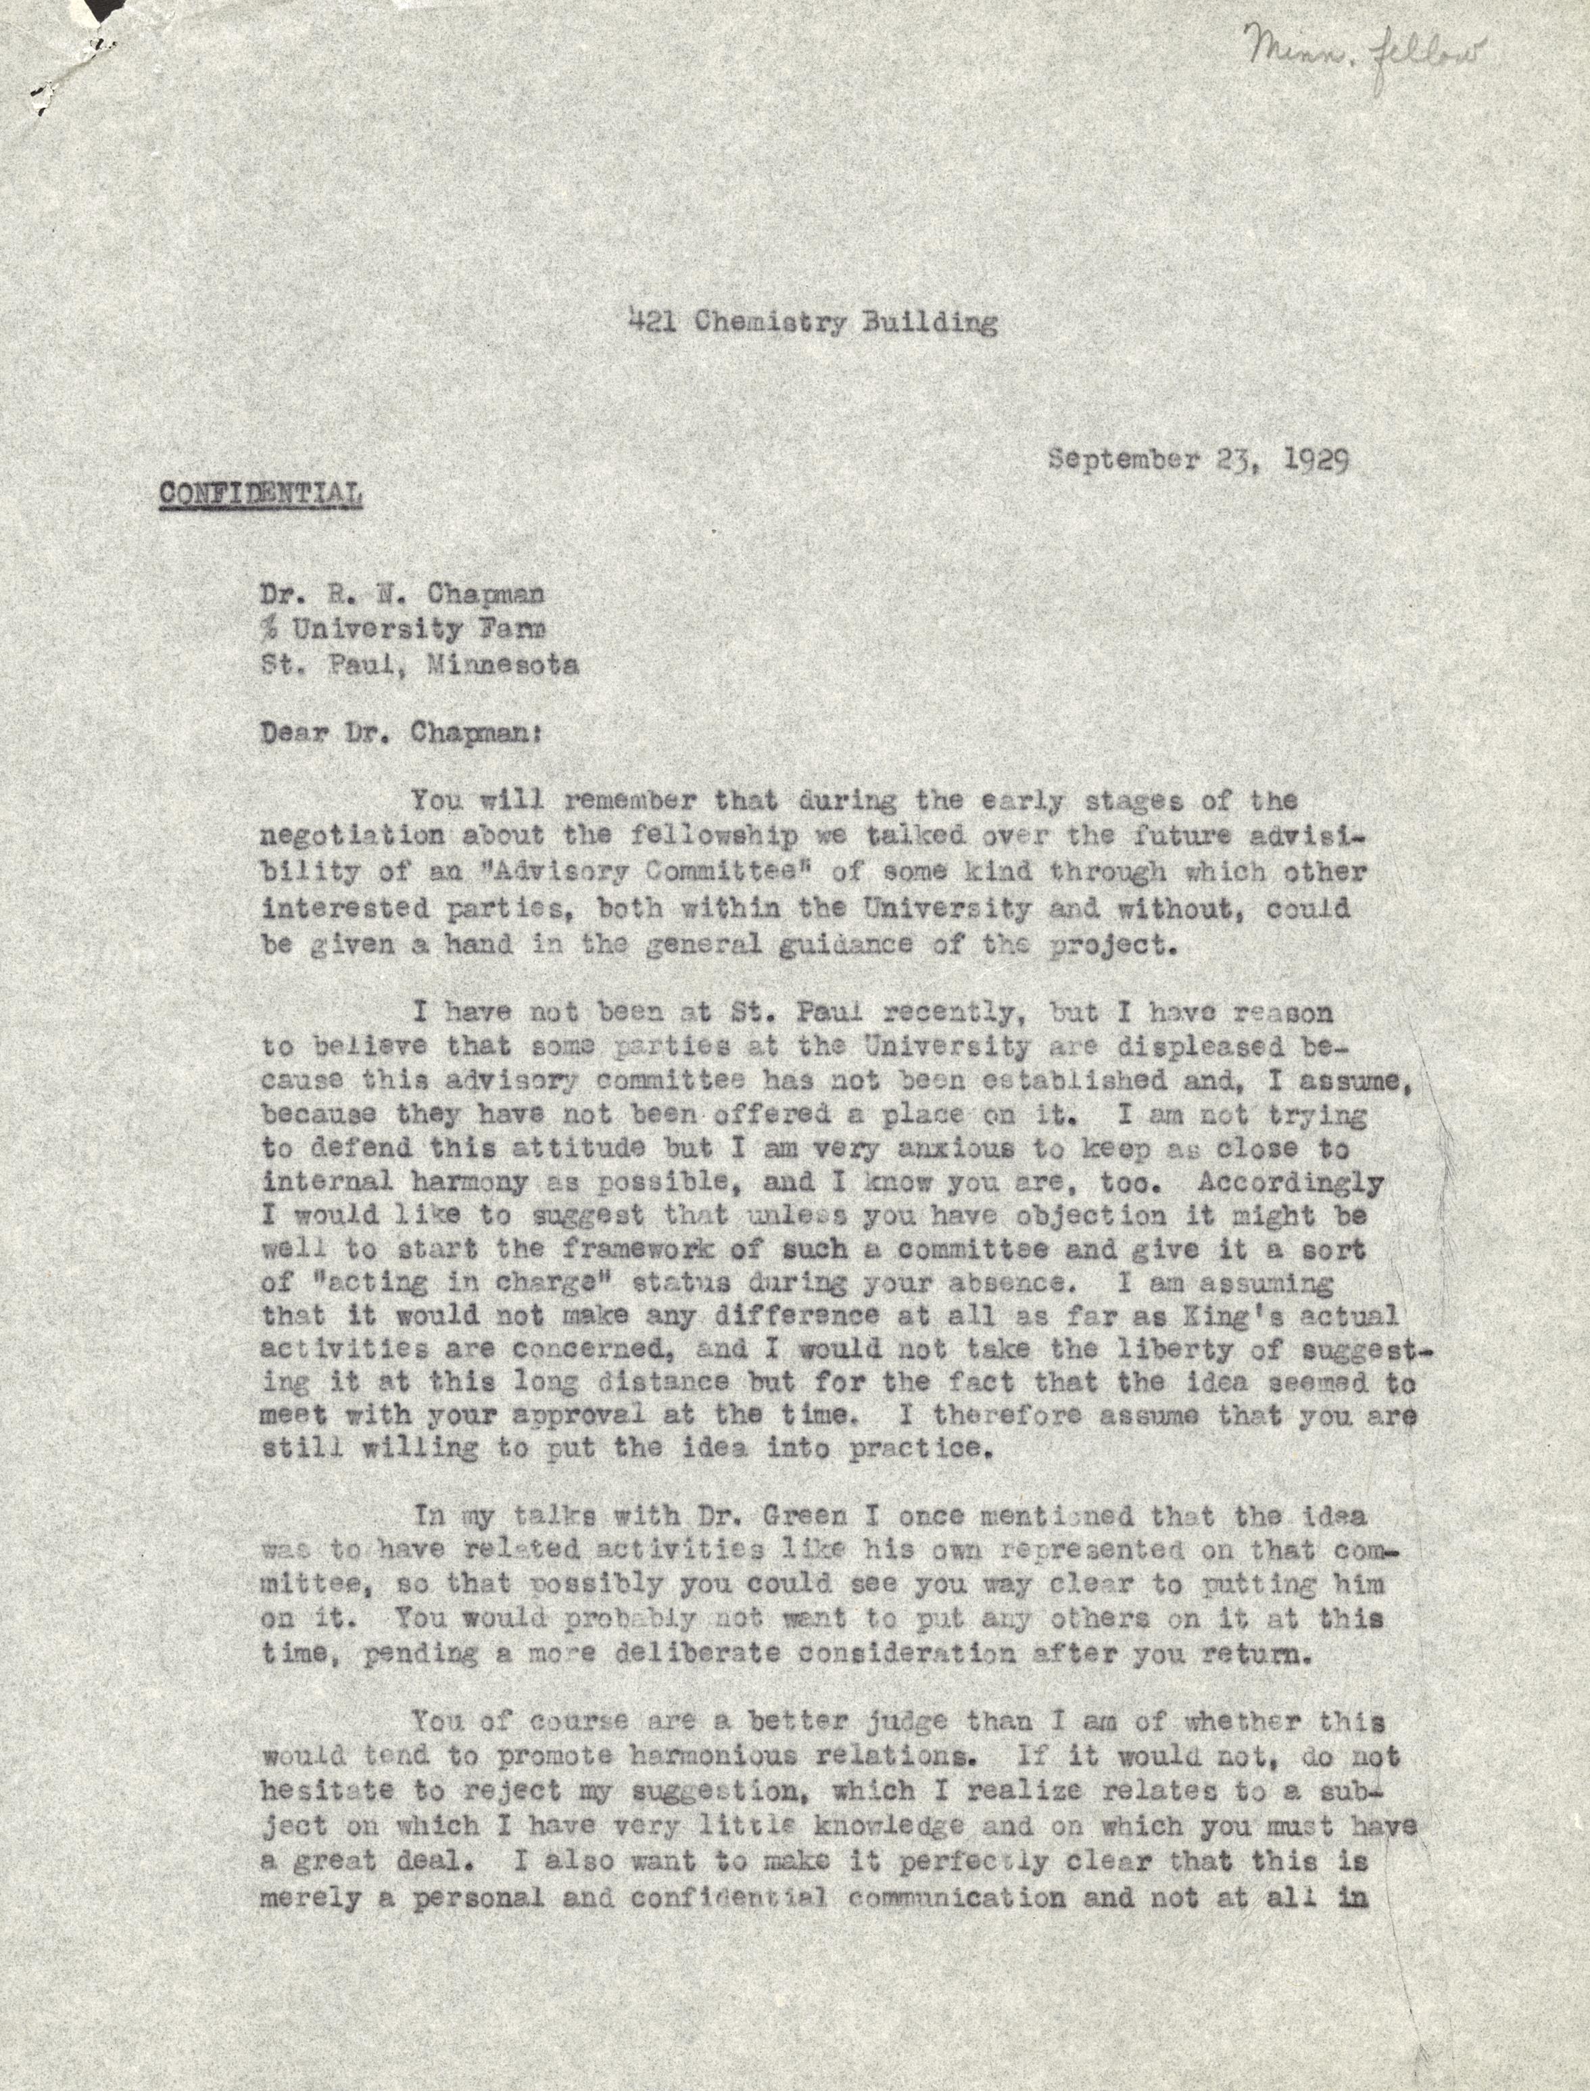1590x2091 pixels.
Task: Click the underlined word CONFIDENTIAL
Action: (260, 493)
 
